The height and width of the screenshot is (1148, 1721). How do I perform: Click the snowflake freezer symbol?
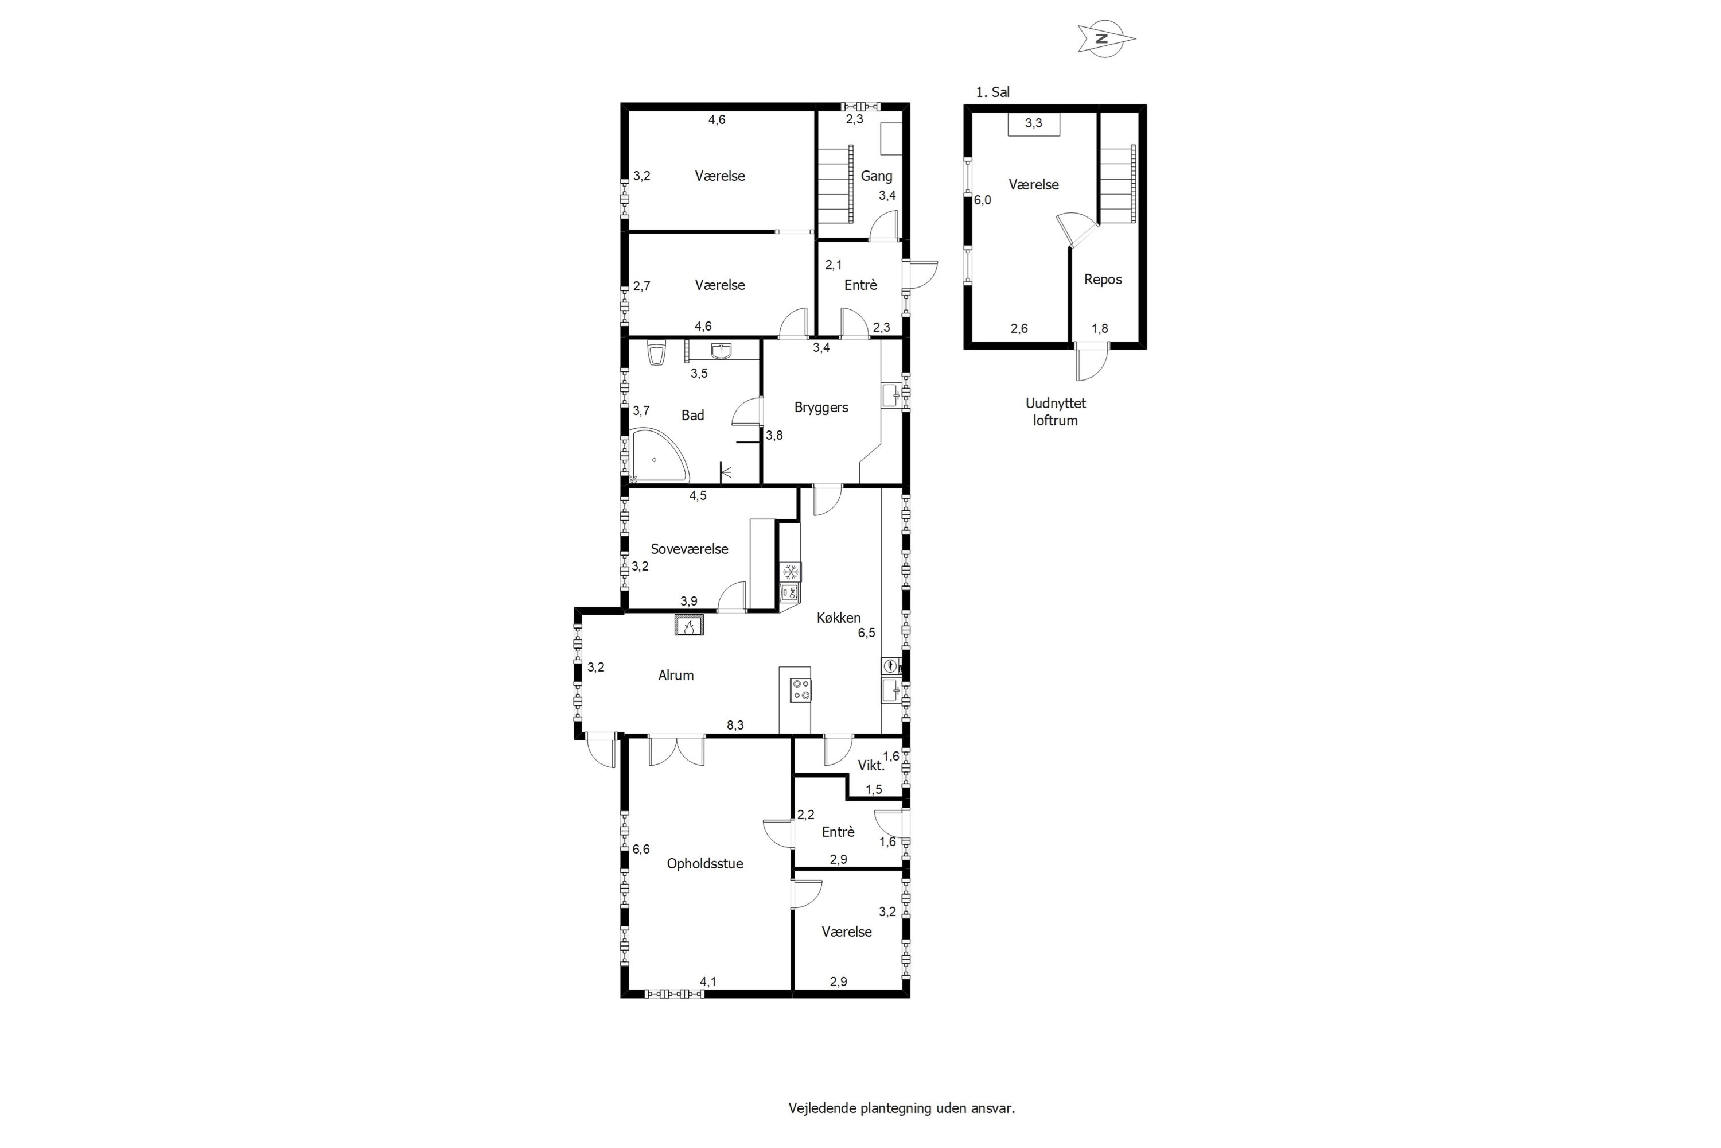pos(791,572)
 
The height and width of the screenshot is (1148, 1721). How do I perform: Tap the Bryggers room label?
pos(821,408)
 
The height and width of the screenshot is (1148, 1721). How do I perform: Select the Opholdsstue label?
pos(704,864)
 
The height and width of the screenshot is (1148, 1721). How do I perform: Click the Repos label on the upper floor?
pos(1103,280)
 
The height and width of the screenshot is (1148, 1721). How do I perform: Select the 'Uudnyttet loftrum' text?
pos(1055,412)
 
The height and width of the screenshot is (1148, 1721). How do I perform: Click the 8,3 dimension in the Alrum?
pos(735,726)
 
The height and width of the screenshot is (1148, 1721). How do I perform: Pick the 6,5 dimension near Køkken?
pos(866,633)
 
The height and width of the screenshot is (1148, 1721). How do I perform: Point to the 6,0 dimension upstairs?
pos(982,200)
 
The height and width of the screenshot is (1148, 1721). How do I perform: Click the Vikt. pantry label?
pos(871,766)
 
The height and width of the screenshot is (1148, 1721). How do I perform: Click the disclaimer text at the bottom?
pos(901,1108)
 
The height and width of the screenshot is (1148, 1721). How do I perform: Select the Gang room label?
pos(876,176)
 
